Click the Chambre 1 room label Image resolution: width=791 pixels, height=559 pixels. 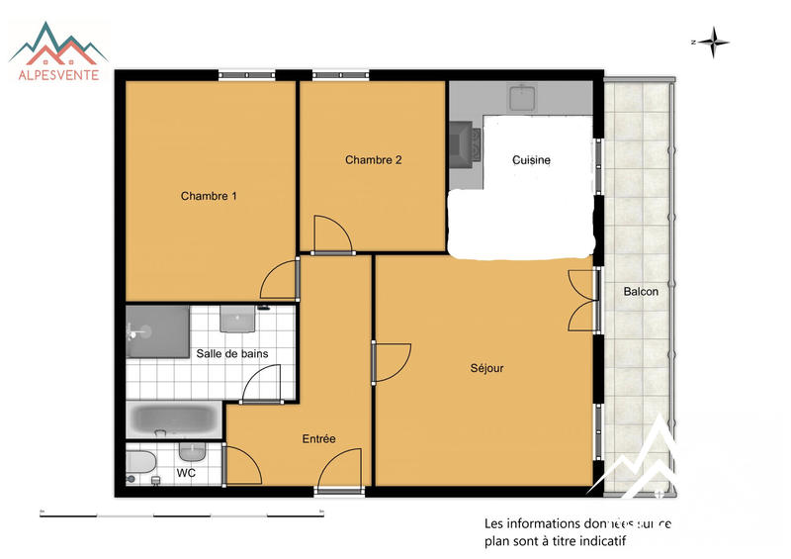coord(209,196)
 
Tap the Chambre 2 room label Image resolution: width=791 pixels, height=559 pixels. coord(373,159)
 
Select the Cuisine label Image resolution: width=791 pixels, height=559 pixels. coord(532,160)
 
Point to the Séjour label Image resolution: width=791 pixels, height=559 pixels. coord(486,368)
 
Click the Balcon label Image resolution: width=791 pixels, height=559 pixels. coord(641,292)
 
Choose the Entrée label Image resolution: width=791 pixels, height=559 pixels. coord(318,439)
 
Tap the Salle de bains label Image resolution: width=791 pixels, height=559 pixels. coord(232,353)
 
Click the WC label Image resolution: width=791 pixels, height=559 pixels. coord(186,473)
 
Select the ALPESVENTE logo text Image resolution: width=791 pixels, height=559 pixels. coord(59,74)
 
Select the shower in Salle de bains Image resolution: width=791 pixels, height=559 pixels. coord(156,330)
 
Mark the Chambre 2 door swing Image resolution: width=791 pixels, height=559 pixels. coord(330,234)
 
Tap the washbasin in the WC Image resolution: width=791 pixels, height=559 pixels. coord(192,451)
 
